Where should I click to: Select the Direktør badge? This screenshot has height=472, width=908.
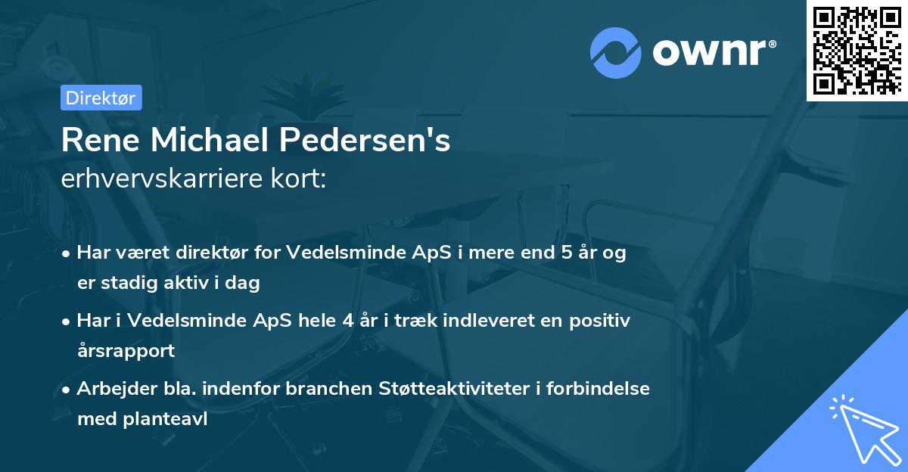point(101,98)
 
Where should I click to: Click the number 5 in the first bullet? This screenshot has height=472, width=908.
point(564,253)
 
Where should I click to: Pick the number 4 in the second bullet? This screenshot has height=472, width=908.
point(348,321)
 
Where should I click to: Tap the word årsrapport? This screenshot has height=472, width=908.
point(126,350)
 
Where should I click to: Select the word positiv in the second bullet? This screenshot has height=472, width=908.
point(599,321)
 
